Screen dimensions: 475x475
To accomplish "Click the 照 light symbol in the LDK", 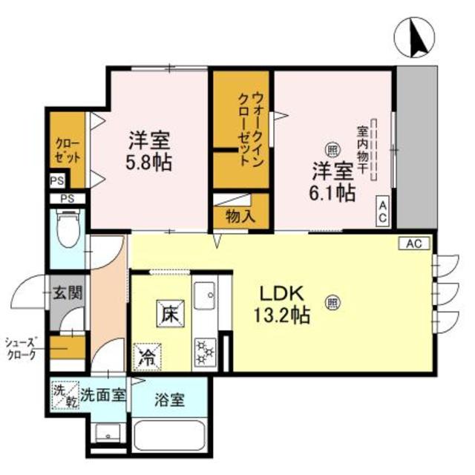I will point(332,302).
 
